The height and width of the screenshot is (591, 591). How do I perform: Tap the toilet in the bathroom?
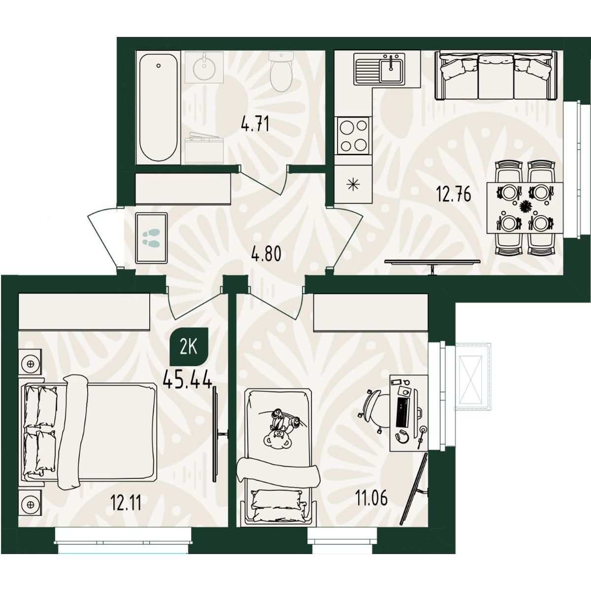[x=281, y=71]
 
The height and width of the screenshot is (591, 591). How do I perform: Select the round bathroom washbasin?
[x=204, y=67]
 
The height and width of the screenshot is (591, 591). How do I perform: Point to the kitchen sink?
[x=379, y=68]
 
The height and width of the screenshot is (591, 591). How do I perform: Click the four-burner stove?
[x=353, y=135]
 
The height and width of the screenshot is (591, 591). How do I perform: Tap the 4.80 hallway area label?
[x=266, y=254]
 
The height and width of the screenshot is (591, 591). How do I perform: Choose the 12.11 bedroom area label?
[x=126, y=503]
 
